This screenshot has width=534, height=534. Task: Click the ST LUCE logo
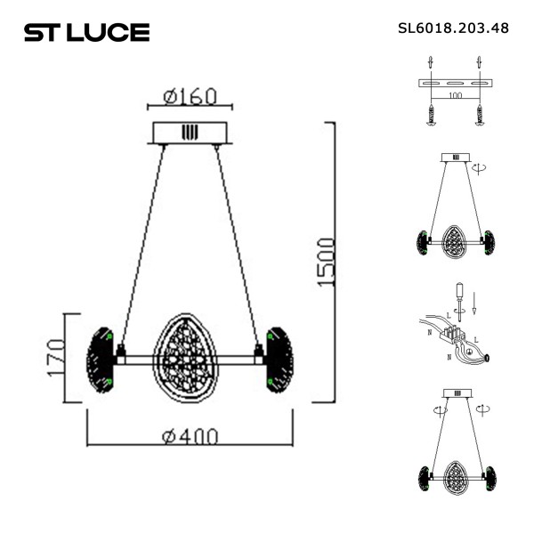click(86, 33)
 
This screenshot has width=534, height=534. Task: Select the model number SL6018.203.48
click(453, 28)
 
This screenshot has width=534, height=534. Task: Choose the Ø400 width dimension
click(189, 436)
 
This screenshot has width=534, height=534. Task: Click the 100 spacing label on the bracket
click(455, 93)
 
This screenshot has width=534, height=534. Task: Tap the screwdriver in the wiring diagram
click(459, 298)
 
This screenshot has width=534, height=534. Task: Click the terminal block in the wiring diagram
click(458, 336)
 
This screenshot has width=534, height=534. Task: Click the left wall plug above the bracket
click(431, 64)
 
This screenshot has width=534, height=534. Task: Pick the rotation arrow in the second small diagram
click(481, 166)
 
